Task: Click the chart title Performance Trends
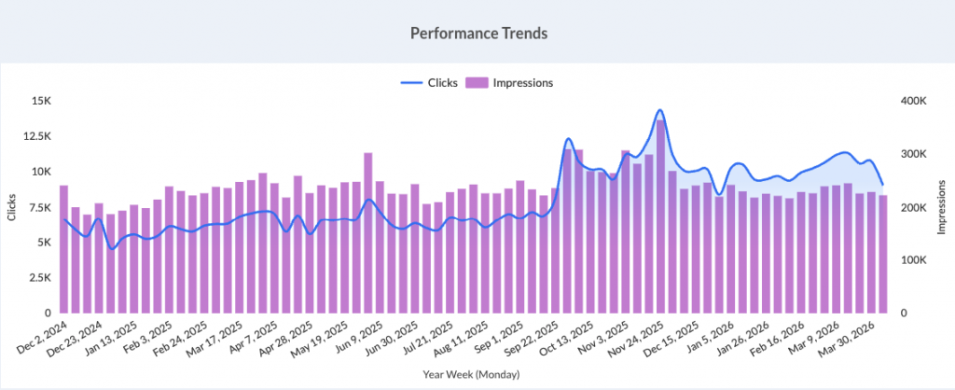[x=477, y=33]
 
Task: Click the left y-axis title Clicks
[x=12, y=207]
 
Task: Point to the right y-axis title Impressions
[x=943, y=207]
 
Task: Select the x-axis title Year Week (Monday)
[x=477, y=376]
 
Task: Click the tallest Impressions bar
[x=660, y=216]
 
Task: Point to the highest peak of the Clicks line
[x=659, y=110]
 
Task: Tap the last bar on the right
[x=882, y=254]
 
